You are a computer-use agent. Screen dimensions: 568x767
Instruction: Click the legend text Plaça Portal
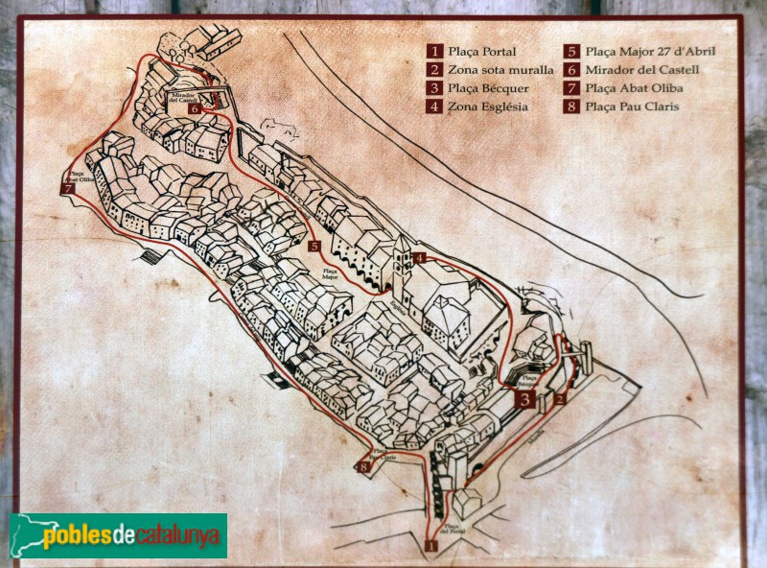tap(482, 52)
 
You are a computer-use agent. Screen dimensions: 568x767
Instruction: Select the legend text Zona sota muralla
tap(500, 70)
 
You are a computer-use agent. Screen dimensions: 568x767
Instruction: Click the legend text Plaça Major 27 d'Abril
tap(650, 52)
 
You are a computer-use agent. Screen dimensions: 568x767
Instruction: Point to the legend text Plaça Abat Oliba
tap(634, 88)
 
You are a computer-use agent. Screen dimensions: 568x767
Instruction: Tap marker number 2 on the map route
tap(561, 393)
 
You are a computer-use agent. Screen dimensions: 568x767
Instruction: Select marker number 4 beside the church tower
tap(419, 257)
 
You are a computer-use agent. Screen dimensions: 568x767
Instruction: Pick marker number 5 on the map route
tap(314, 247)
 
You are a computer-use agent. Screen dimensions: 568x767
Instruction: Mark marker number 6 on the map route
tap(195, 109)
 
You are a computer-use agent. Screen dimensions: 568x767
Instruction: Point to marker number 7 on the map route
tap(66, 188)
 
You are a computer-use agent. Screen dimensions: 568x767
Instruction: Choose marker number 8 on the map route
tap(363, 468)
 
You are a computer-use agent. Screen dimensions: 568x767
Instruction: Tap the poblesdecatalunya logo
tap(118, 535)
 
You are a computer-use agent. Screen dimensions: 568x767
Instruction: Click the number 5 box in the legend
tap(570, 52)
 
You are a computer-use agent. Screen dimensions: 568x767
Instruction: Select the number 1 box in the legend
tap(435, 52)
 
